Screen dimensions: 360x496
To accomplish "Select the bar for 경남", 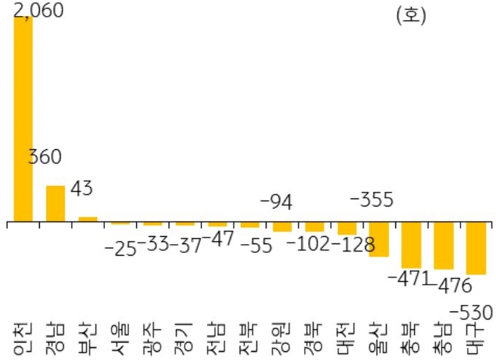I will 56,204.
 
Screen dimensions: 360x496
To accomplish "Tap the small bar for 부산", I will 88,218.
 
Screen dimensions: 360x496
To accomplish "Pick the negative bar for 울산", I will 379,239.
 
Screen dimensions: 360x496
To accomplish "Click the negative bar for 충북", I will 411,246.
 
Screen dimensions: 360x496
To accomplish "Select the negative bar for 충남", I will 443,246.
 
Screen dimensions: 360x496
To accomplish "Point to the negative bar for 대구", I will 476,248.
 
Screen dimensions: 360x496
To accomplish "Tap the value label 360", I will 45,157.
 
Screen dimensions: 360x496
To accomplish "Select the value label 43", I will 82,189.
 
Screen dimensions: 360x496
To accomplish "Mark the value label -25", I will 120,248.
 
